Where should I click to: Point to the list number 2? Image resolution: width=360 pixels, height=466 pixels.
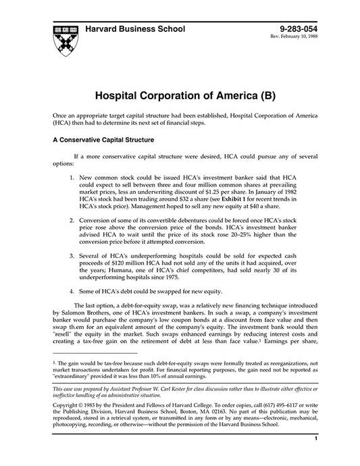coord(72,220)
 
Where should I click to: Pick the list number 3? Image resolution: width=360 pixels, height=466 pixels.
coord(72,257)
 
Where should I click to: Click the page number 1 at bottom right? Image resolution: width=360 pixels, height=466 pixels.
coord(315,457)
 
